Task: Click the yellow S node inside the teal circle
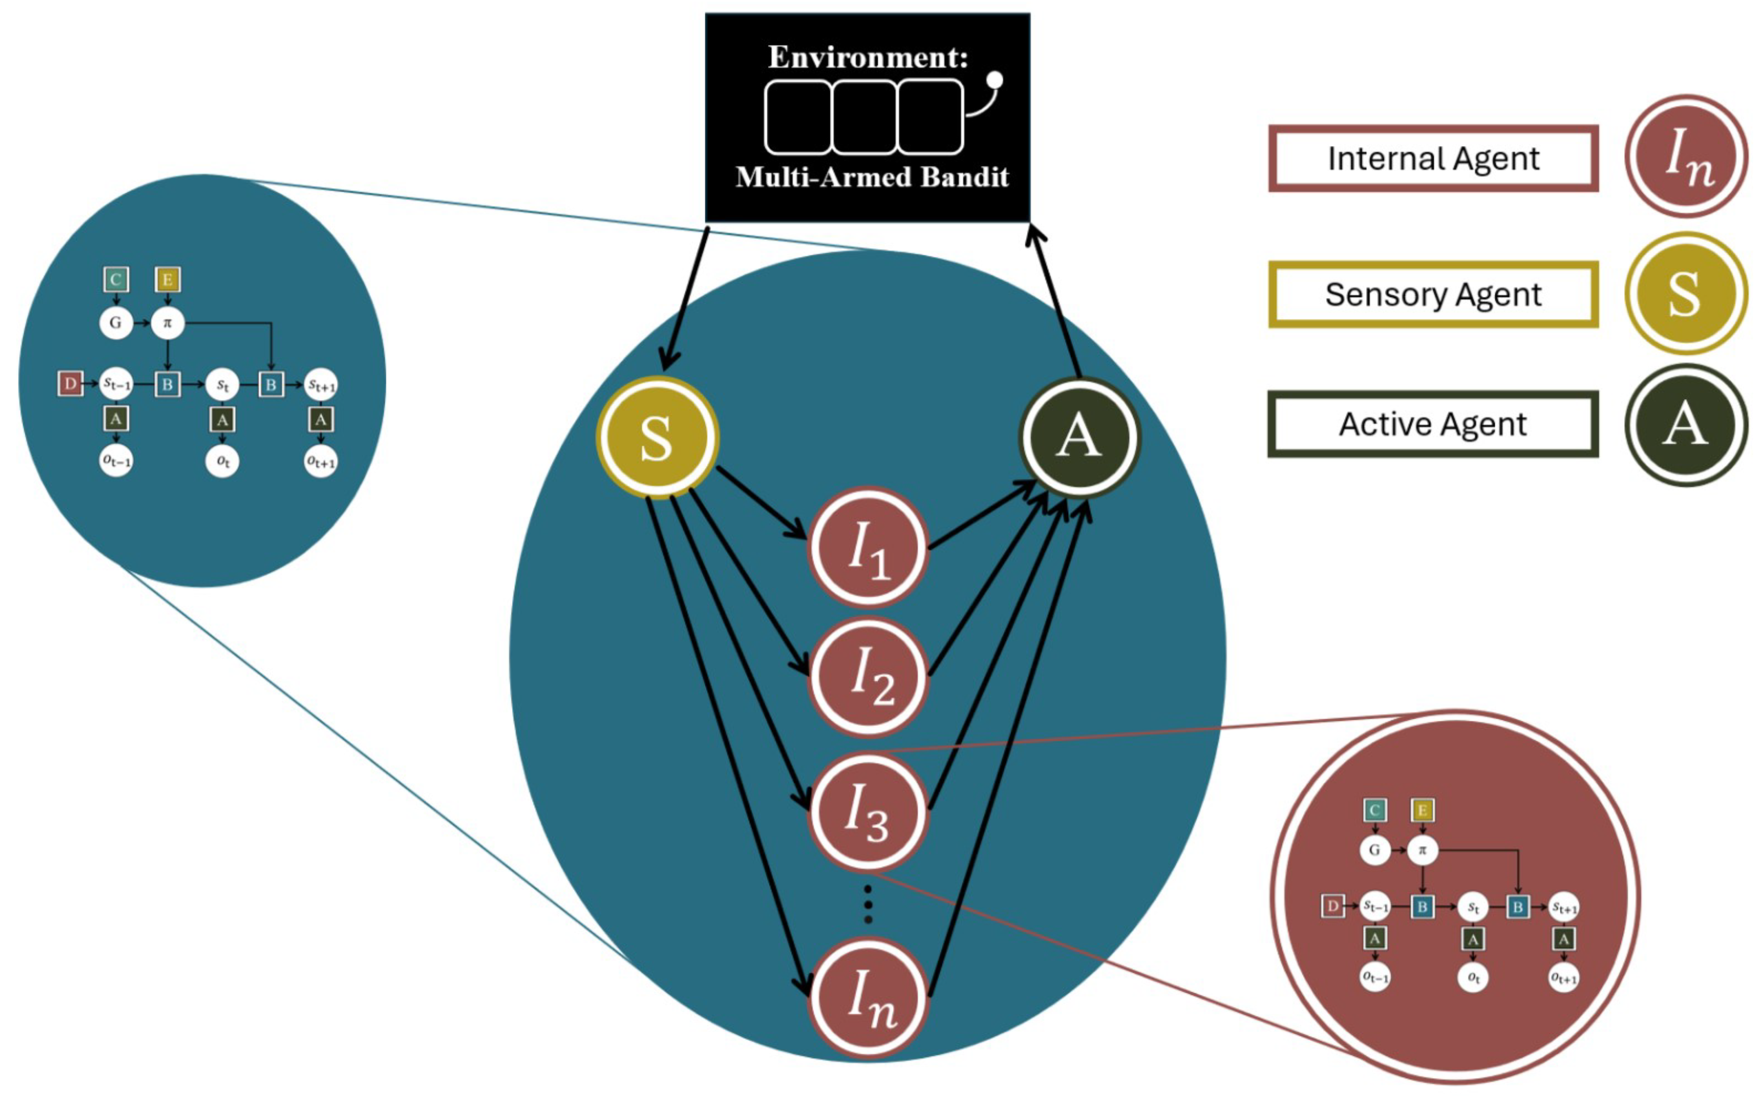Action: point(656,438)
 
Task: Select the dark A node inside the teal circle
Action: point(1079,438)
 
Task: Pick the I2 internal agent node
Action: point(868,676)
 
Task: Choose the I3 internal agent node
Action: point(868,810)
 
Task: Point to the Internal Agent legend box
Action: point(1433,159)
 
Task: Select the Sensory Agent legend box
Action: point(1433,294)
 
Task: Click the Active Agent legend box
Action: point(1433,424)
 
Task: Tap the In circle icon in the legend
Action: point(1686,156)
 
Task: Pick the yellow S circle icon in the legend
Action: point(1686,293)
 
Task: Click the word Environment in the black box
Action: point(868,57)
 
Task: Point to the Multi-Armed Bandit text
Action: point(872,177)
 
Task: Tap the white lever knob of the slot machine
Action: point(995,80)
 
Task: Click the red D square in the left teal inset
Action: point(70,383)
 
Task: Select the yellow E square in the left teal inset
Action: point(167,279)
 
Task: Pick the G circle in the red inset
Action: point(1374,849)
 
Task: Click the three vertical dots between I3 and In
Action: point(868,904)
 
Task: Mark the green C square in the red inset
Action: point(1374,810)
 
